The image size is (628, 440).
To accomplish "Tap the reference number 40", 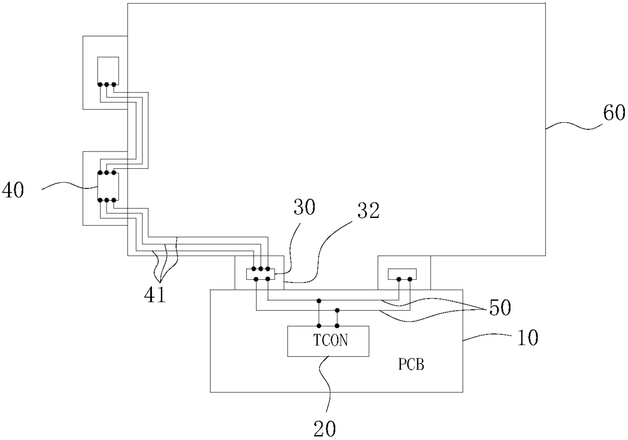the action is click(x=13, y=191).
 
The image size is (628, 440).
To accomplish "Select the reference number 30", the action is click(x=304, y=207).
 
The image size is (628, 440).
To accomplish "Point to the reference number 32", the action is click(x=368, y=210).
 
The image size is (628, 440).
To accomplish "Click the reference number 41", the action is click(x=155, y=295).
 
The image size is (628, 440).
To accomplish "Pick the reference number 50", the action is click(x=500, y=308).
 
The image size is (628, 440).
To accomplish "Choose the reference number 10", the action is click(x=528, y=338).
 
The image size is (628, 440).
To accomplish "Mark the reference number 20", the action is click(x=325, y=429).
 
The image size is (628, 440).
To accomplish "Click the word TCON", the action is click(x=331, y=340).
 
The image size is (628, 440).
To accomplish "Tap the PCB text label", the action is click(x=411, y=365).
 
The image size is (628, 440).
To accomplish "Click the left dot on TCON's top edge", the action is click(x=319, y=326).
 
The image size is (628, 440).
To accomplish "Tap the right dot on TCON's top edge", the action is click(x=337, y=326).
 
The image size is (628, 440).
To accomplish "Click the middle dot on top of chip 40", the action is click(x=106, y=172).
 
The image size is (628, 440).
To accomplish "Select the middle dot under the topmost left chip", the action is click(x=106, y=84).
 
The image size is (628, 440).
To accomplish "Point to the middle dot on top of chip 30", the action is click(x=260, y=269).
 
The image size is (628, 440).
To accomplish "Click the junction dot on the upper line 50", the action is click(x=319, y=301).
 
